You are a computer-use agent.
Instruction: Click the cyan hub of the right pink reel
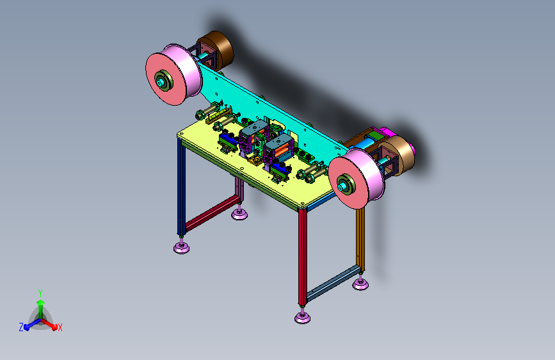(342, 187)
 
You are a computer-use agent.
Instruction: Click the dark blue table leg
(181, 187)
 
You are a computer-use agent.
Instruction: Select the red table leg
(302, 257)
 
